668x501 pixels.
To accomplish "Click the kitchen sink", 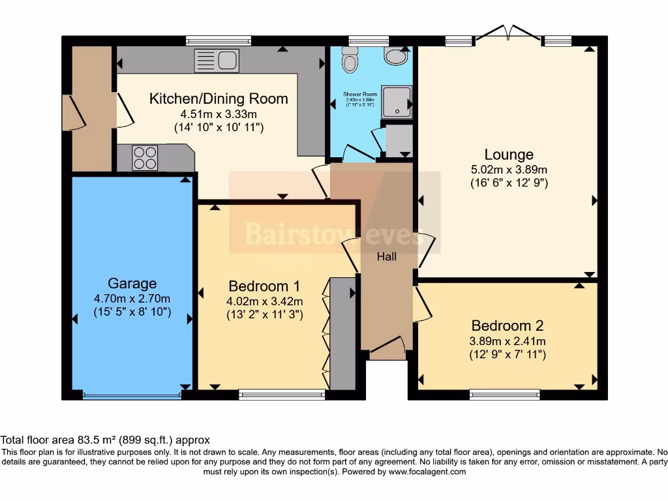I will coord(216,61).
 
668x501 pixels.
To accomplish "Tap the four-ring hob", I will coord(145,157).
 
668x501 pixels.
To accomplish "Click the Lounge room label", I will coord(509,155).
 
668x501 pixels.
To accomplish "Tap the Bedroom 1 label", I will coord(264,286).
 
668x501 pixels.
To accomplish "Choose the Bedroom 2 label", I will coord(508,326).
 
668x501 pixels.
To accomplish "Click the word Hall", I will coord(387,257).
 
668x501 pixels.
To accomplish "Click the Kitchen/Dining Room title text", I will coord(219,99).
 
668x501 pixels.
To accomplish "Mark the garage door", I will coord(132,395).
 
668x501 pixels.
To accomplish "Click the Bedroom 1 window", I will coord(282,393).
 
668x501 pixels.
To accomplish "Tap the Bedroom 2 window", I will coord(505,393).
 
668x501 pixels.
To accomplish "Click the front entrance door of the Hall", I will coord(389,347).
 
